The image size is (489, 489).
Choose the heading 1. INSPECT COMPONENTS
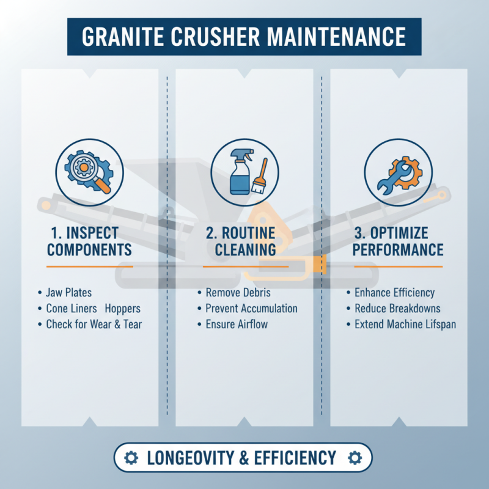point(89,241)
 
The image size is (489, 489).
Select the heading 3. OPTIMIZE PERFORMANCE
point(398,241)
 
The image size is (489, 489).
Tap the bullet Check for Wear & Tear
point(94,324)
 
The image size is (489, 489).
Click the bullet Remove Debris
point(238,293)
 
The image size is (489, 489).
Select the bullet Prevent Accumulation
point(251,308)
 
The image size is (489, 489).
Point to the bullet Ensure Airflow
point(237,324)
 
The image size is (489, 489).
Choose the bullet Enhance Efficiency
point(394,293)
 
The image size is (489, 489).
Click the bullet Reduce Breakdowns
point(397,308)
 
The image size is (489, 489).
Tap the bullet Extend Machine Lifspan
point(405,324)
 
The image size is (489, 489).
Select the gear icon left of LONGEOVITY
point(131,458)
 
